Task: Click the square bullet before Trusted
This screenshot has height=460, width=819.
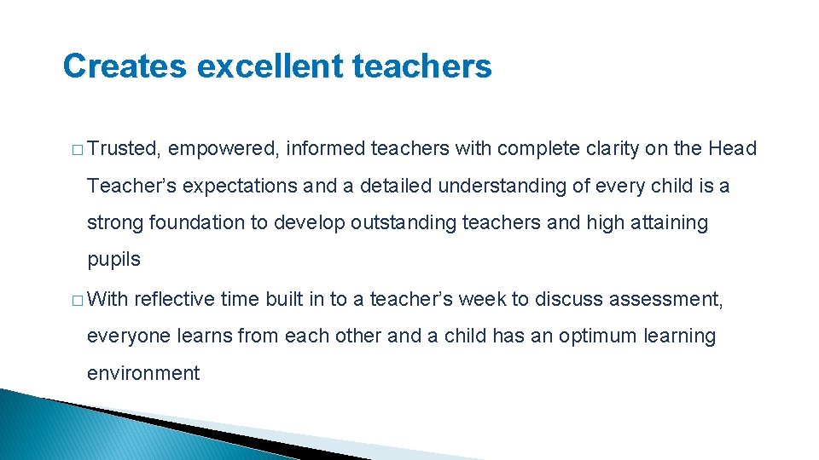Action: (77, 150)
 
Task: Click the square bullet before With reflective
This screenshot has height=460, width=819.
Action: (77, 300)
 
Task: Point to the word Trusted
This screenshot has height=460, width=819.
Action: (125, 149)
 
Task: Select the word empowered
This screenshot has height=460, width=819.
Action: (224, 149)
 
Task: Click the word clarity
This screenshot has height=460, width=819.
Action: (616, 149)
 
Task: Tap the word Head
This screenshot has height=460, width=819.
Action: (732, 149)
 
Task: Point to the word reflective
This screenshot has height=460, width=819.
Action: (174, 299)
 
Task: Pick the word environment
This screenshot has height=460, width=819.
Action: (143, 373)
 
